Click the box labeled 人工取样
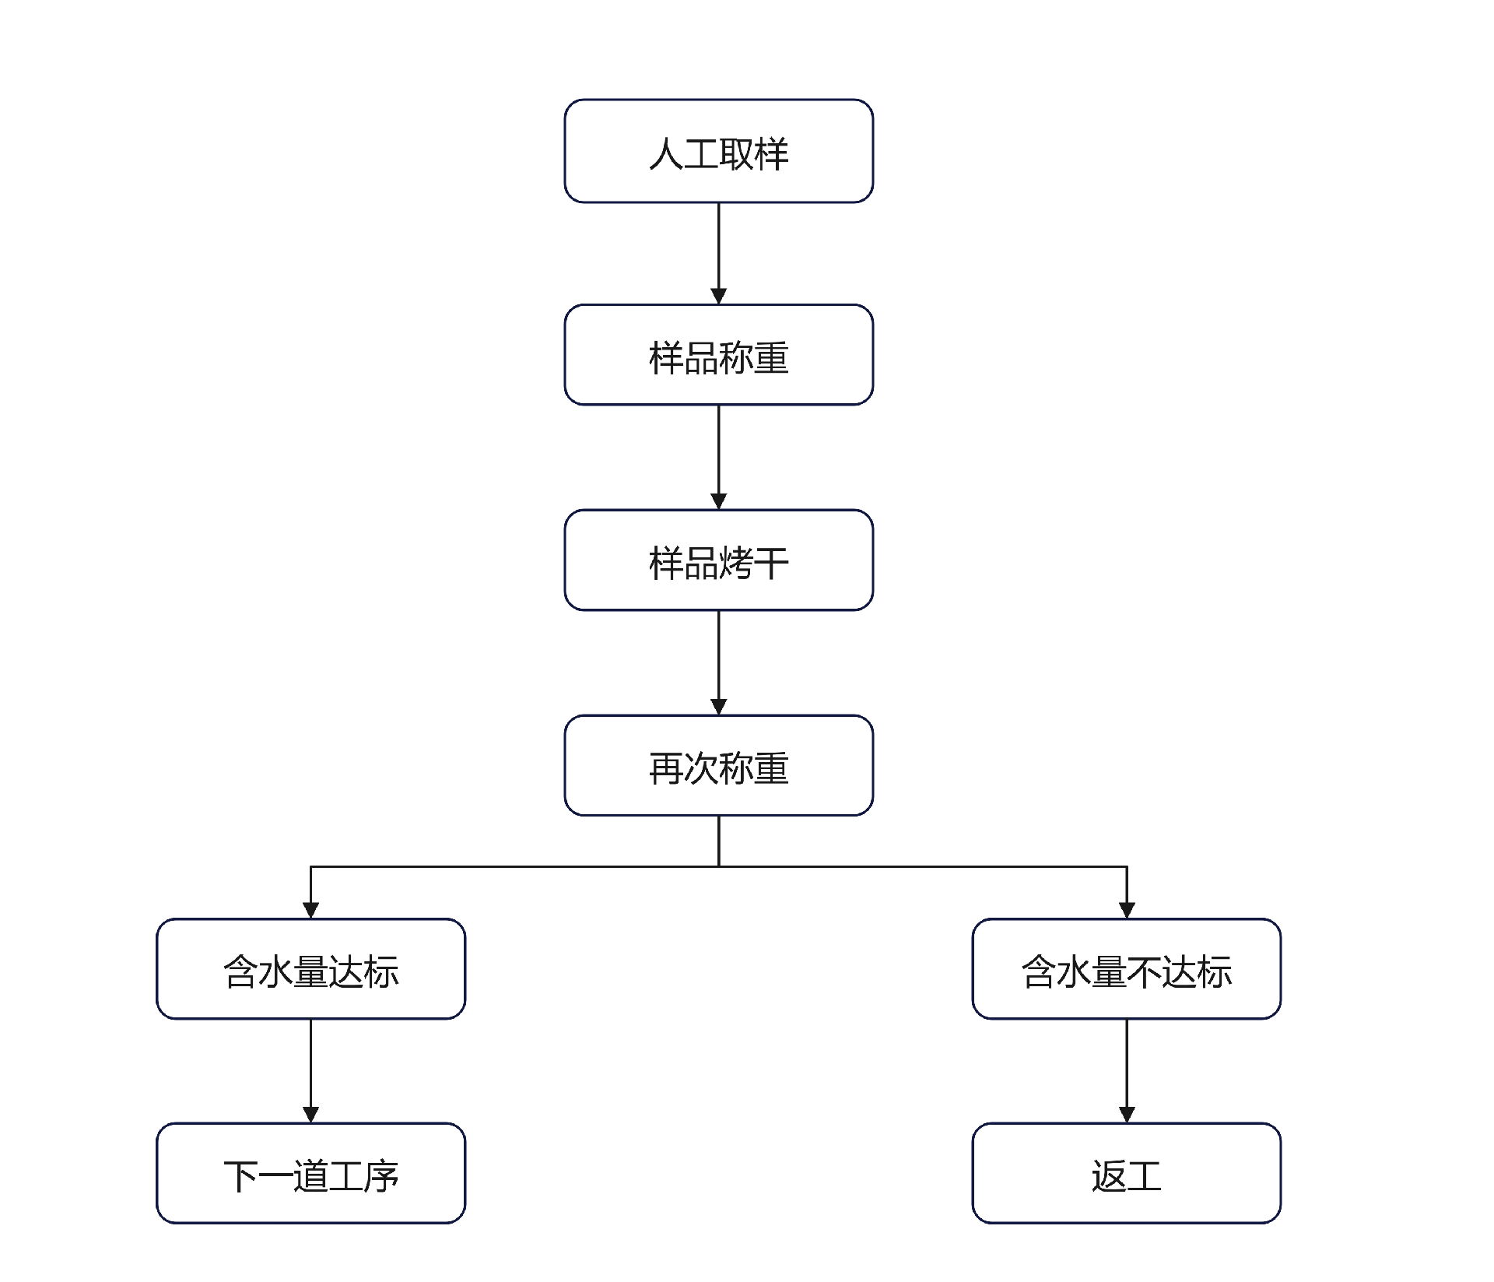point(718,151)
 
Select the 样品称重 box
point(718,355)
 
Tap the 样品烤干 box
point(718,560)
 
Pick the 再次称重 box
point(718,766)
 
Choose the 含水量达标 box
point(310,969)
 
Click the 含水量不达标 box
point(1126,969)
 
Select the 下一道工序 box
point(310,1174)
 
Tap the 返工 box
point(1126,1174)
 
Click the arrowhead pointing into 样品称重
point(718,296)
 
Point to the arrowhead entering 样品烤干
point(718,501)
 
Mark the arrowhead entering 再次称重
point(718,707)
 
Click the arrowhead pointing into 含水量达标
point(310,910)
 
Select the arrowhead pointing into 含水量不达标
point(1126,910)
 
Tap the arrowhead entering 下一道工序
point(310,1115)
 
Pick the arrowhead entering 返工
point(1126,1115)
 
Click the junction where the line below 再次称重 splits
point(718,866)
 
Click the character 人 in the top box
point(665,153)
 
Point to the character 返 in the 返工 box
point(1108,1176)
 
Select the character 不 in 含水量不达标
point(1144,972)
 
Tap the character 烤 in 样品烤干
point(735,564)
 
